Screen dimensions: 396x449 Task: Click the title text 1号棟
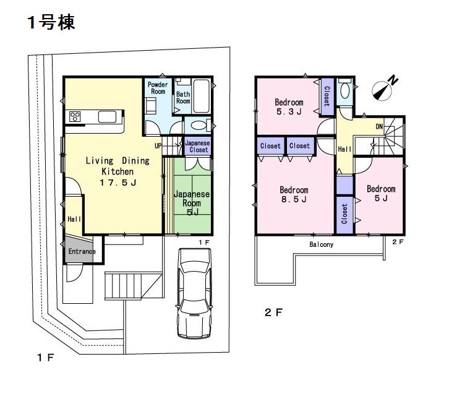point(51,23)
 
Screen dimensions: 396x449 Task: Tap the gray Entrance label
point(81,252)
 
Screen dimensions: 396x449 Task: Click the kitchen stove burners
point(76,117)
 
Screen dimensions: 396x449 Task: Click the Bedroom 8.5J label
point(294,194)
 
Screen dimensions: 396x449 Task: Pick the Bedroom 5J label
point(380,194)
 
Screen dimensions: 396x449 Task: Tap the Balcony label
point(321,244)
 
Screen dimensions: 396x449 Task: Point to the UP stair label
point(158,146)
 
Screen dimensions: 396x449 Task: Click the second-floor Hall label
point(344,149)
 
